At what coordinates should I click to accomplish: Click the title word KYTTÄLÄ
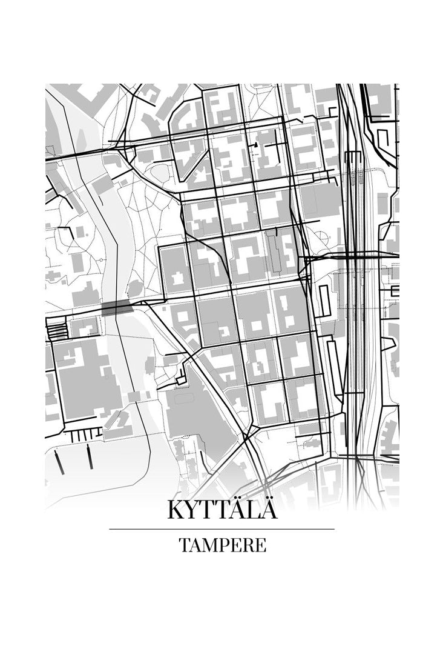tap(222, 510)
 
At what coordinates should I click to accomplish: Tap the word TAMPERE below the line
tap(222, 545)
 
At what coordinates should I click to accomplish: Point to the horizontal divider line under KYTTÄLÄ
tap(221, 529)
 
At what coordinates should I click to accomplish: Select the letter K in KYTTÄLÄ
tap(176, 510)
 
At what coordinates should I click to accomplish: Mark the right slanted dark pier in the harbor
tap(90, 456)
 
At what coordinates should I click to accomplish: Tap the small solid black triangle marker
tap(257, 145)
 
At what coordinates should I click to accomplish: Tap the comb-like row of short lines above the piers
tap(83, 435)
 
